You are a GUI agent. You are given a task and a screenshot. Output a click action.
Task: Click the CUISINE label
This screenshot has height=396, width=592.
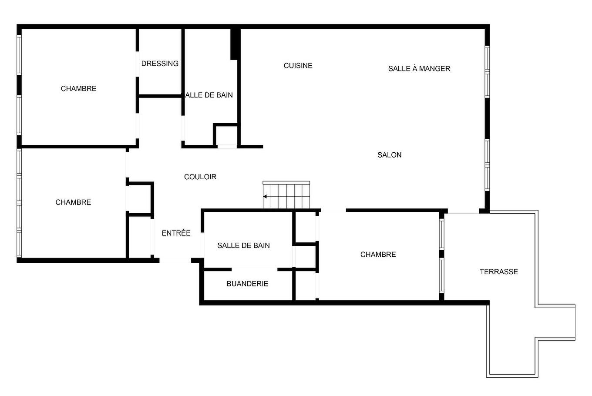click(x=298, y=66)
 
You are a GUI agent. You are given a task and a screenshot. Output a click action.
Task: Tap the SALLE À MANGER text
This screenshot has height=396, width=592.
click(x=419, y=68)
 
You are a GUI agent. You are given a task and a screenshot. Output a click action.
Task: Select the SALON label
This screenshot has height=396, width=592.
click(x=390, y=155)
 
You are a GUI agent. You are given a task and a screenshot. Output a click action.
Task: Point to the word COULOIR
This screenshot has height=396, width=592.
click(x=200, y=177)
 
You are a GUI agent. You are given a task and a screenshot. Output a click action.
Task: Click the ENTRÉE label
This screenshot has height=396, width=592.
click(x=176, y=233)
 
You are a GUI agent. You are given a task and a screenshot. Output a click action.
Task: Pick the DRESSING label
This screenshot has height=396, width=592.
click(x=160, y=64)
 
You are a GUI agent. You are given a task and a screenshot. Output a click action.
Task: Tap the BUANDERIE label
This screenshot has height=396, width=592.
click(x=247, y=284)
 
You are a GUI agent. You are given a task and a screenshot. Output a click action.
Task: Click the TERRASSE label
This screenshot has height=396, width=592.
click(x=499, y=272)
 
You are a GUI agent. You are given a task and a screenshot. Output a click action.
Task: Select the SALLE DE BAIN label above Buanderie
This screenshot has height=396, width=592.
click(x=244, y=245)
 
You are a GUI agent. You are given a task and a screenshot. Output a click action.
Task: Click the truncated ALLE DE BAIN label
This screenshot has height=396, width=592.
click(x=209, y=95)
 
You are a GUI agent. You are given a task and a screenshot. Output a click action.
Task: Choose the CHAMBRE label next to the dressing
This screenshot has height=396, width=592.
click(x=79, y=89)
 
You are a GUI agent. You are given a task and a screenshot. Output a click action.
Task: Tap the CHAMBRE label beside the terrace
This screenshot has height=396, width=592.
click(x=378, y=255)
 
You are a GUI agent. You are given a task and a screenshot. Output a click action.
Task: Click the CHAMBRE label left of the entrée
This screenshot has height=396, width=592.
click(x=74, y=202)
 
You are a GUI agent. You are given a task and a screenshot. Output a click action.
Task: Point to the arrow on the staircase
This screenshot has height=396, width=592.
click(x=266, y=197)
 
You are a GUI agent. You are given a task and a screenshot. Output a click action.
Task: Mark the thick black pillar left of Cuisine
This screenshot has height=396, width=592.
click(x=235, y=44)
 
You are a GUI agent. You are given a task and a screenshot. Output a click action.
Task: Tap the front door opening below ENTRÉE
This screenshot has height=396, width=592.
click(x=175, y=261)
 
